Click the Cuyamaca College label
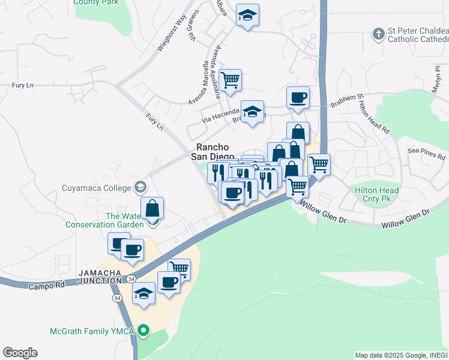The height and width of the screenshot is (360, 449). [x=96, y=188]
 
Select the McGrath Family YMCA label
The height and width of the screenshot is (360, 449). [x=91, y=331]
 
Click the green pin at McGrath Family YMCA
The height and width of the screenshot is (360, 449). [x=143, y=331]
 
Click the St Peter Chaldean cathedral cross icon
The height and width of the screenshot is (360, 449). [x=378, y=34]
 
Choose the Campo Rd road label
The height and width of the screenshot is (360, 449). [x=46, y=286]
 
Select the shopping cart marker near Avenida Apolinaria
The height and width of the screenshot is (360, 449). [x=230, y=79]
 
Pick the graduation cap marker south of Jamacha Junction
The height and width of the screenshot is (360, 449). [x=143, y=294]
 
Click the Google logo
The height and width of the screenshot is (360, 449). [x=20, y=353]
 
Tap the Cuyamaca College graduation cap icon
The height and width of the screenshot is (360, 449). [x=140, y=187]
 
